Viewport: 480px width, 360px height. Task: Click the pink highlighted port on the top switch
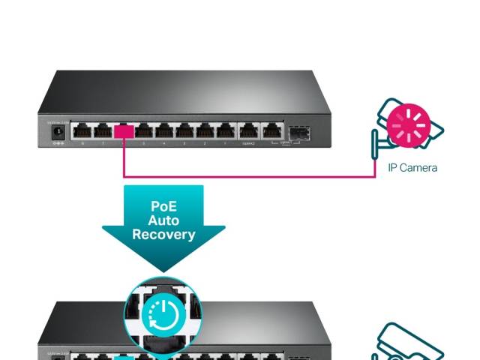pos(124,131)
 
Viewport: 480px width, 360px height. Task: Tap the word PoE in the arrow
pos(163,206)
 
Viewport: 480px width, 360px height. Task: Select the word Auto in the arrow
pos(163,220)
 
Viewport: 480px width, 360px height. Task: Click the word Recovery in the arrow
pos(163,234)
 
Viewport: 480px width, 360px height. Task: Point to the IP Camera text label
pos(412,167)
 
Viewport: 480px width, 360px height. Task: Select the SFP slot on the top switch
pos(300,133)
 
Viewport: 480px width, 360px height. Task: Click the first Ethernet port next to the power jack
pos(82,131)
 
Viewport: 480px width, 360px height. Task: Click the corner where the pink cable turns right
pos(124,177)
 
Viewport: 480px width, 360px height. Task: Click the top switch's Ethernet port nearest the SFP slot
pos(269,131)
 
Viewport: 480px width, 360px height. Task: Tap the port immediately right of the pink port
pos(144,131)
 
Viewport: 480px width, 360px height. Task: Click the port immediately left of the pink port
pos(103,131)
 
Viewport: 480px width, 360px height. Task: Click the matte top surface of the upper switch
pos(187,94)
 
